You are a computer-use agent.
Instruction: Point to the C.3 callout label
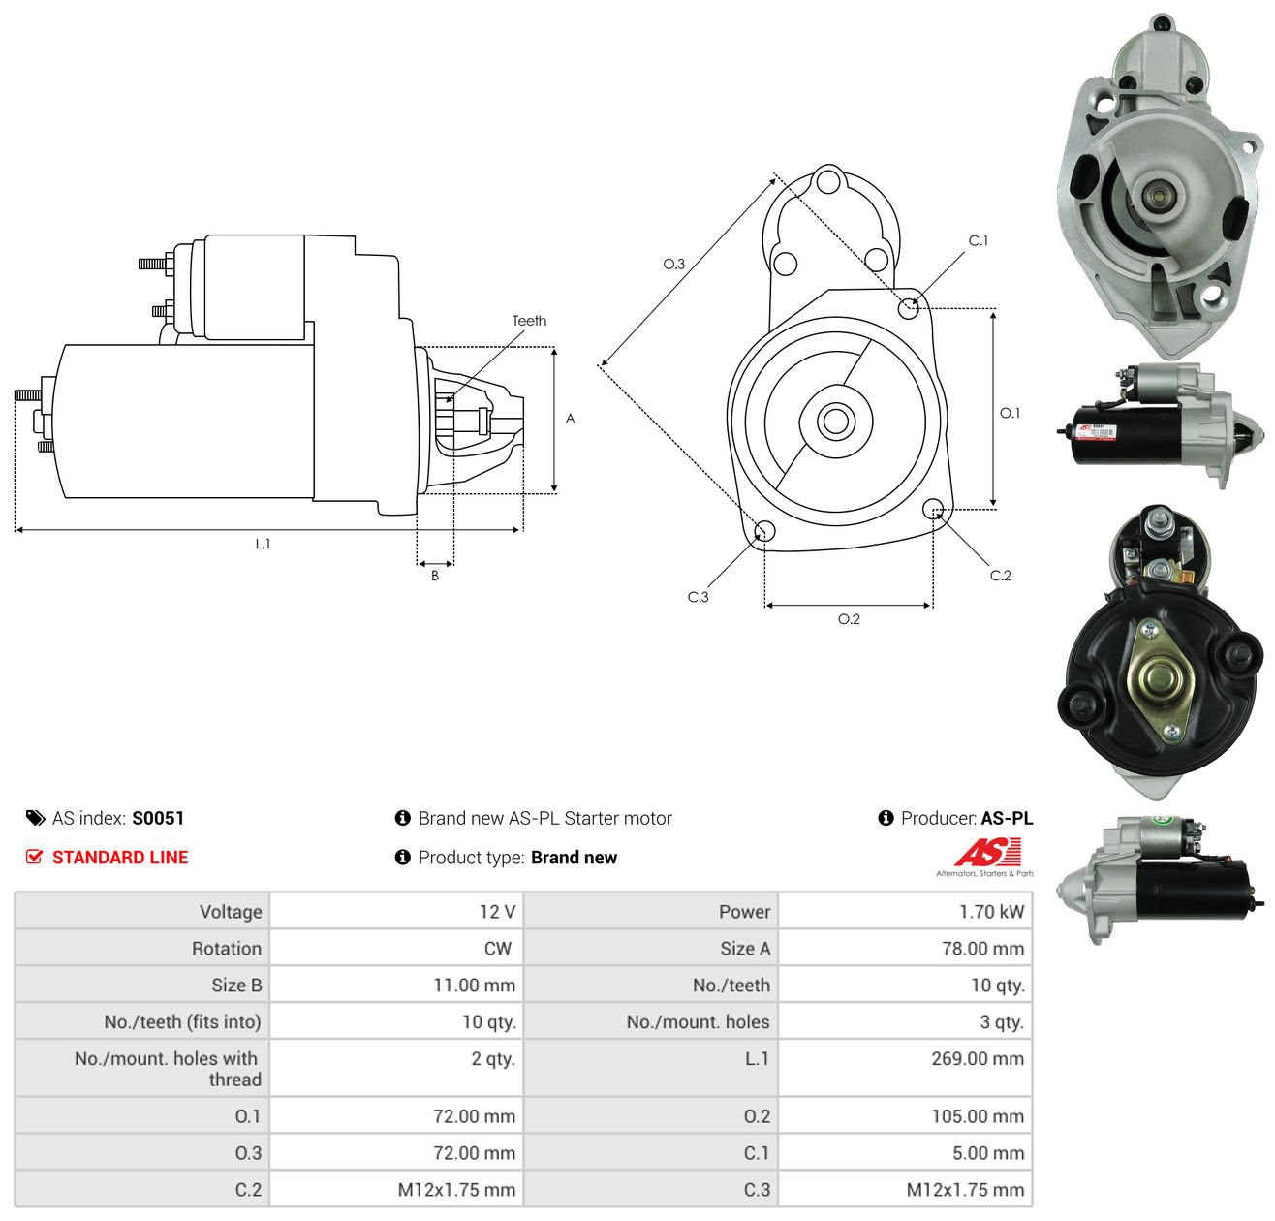click(x=698, y=596)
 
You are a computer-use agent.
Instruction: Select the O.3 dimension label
click(x=673, y=264)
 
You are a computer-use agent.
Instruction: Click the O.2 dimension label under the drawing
click(x=848, y=618)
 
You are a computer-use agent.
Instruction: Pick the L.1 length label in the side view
click(x=263, y=544)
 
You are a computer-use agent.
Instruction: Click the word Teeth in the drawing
click(x=528, y=321)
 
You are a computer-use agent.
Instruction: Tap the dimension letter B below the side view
click(x=434, y=576)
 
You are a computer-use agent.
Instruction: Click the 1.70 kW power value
click(x=991, y=911)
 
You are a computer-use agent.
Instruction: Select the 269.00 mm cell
click(x=977, y=1058)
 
